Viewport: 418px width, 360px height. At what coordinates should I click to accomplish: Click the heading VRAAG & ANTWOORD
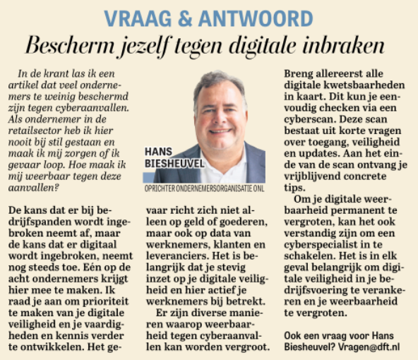click(x=208, y=16)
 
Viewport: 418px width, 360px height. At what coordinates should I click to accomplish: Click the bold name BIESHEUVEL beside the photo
click(x=172, y=164)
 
